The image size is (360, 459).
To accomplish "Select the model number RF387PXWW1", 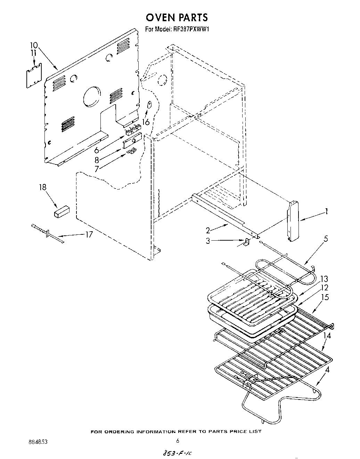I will (191, 29).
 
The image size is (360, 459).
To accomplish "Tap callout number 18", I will (42, 188).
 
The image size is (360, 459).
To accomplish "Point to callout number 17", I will (89, 234).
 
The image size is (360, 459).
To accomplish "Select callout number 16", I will (146, 122).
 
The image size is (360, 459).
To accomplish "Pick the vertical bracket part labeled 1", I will (293, 221).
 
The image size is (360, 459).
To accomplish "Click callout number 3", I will (208, 240).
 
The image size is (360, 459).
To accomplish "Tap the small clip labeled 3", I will (246, 242).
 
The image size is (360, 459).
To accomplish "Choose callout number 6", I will (97, 150).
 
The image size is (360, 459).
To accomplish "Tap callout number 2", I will (207, 230).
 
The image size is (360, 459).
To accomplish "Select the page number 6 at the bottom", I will (177, 441).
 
